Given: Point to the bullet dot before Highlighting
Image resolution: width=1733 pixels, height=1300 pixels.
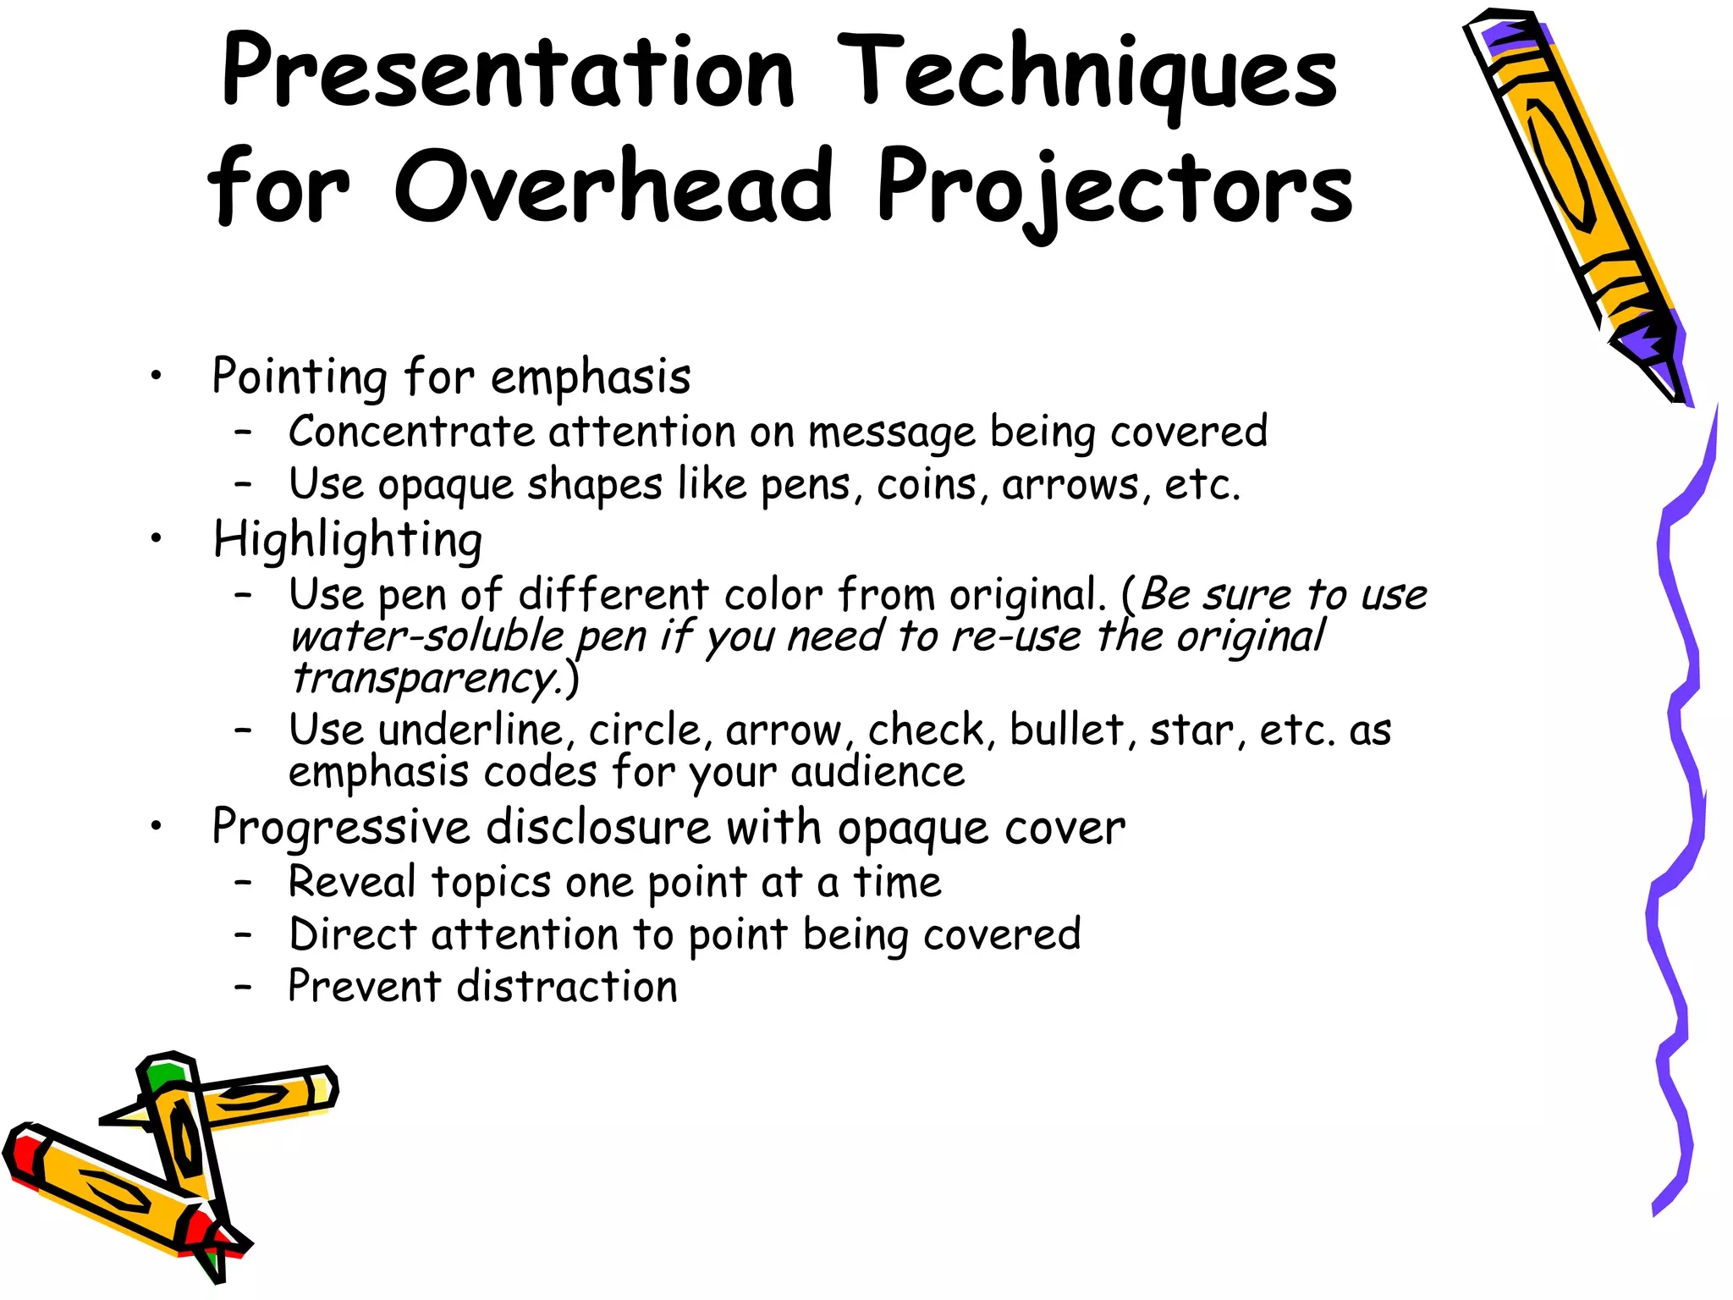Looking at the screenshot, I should click(x=156, y=538).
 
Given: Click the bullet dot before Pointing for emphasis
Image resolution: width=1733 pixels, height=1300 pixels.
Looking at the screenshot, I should click(x=156, y=376).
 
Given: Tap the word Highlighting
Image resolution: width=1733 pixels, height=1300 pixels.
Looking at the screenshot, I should click(x=348, y=540).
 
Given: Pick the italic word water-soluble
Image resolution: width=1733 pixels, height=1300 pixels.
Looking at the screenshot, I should click(x=426, y=636).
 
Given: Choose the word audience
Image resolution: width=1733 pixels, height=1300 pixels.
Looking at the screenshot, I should click(x=878, y=772).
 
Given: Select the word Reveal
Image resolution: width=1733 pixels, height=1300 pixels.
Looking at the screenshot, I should click(x=352, y=882).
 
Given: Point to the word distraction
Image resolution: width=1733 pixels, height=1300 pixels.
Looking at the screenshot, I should click(x=567, y=987).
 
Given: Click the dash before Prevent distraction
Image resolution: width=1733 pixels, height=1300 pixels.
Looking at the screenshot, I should click(x=244, y=987).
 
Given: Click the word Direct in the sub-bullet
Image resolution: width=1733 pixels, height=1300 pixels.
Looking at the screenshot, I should click(x=352, y=934).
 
